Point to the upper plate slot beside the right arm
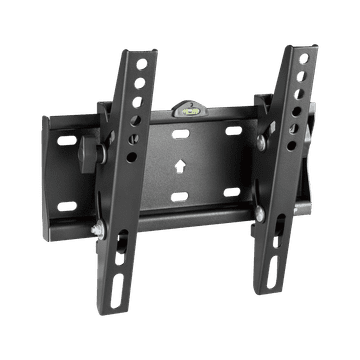(234, 130)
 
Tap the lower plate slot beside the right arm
(232, 191)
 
